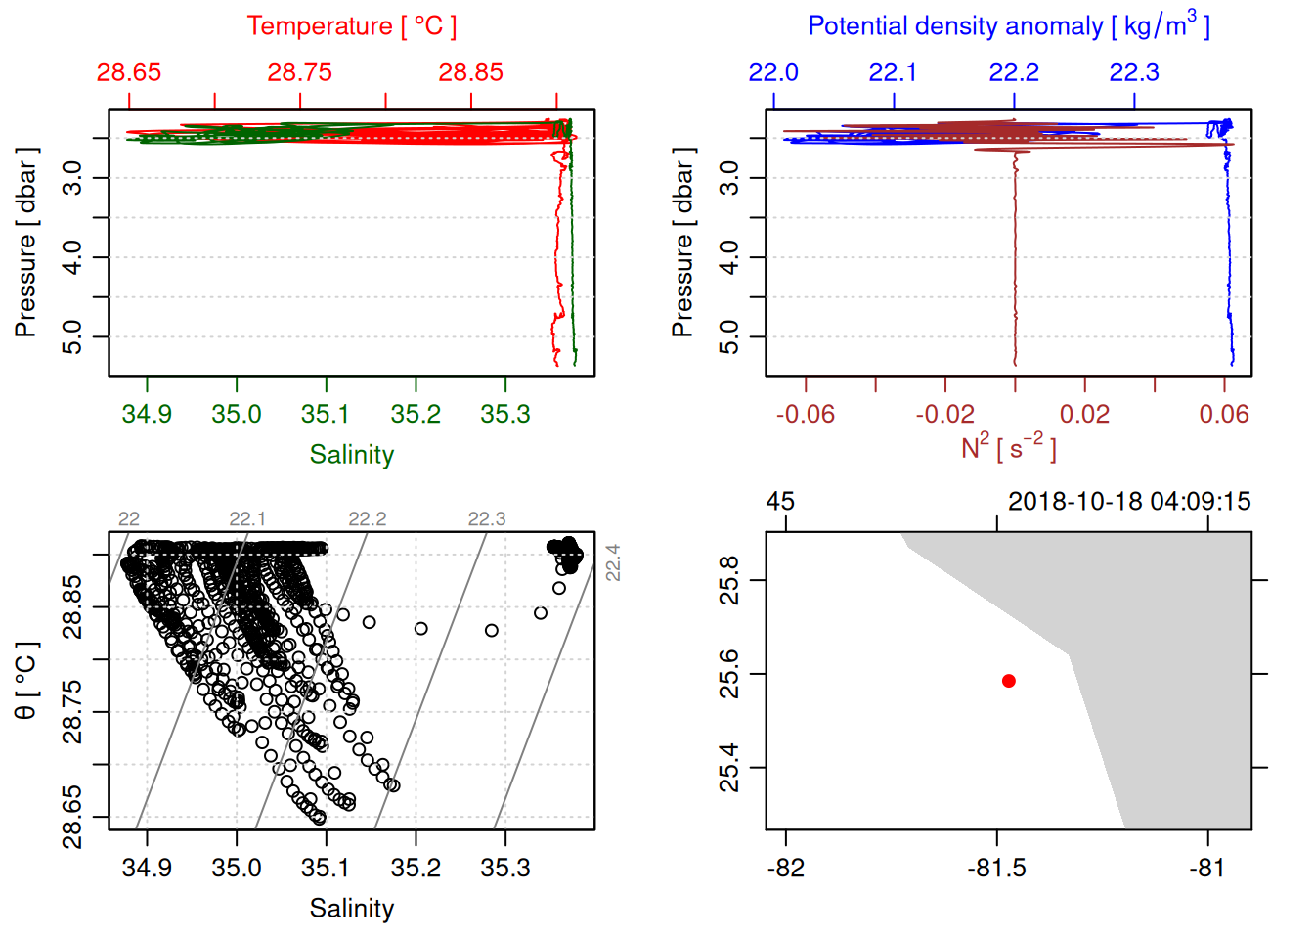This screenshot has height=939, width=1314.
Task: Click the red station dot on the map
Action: click(1008, 681)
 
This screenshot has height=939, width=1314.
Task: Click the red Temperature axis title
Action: click(352, 26)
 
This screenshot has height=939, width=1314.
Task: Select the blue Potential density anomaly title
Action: click(1008, 25)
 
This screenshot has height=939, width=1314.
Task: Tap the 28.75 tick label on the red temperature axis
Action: click(300, 72)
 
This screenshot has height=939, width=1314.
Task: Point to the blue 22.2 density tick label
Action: click(1014, 72)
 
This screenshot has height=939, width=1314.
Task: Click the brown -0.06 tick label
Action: click(806, 414)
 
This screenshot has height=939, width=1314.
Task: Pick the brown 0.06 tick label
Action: click(1224, 414)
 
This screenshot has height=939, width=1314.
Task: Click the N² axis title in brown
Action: click(1008, 448)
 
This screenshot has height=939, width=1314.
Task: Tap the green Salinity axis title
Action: click(352, 455)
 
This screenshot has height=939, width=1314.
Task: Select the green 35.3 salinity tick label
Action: click(505, 414)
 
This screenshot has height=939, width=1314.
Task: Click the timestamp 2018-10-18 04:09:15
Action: click(1129, 502)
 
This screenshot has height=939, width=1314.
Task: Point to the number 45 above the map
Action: click(780, 502)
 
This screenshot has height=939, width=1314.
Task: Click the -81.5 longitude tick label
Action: click(997, 868)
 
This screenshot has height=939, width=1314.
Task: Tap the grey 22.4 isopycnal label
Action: click(613, 562)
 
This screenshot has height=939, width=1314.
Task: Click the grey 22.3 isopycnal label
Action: click(487, 519)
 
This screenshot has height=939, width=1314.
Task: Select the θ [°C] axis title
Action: click(25, 681)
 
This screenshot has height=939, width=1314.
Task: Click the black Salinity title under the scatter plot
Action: click(352, 909)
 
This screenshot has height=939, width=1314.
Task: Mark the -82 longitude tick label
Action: click(786, 868)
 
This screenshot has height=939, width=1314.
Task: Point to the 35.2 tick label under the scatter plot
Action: click(416, 868)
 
